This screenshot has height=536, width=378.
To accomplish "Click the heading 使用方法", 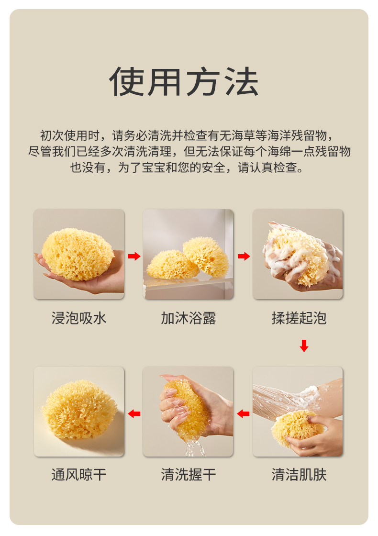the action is pyautogui.click(x=184, y=82).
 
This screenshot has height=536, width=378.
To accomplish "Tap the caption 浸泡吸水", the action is pyautogui.click(x=79, y=318).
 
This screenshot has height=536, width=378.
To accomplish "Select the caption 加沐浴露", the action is pyautogui.click(x=189, y=318).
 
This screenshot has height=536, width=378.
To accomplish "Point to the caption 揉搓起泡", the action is pyautogui.click(x=299, y=318).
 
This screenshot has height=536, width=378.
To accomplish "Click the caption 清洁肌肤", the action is pyautogui.click(x=299, y=475).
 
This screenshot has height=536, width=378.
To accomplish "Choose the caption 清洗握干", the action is pyautogui.click(x=189, y=475).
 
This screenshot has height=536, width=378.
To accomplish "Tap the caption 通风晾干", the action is pyautogui.click(x=79, y=475).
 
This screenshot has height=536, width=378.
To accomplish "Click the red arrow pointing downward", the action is pyautogui.click(x=304, y=346).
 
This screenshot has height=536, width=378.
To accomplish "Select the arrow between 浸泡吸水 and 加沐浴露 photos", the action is pyautogui.click(x=134, y=256).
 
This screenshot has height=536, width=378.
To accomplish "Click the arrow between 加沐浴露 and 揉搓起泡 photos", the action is pyautogui.click(x=244, y=256).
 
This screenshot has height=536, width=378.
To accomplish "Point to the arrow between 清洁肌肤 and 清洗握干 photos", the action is pyautogui.click(x=243, y=413).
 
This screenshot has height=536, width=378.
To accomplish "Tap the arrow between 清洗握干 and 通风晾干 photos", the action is pyautogui.click(x=134, y=413).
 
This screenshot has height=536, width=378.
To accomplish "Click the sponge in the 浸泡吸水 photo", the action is pyautogui.click(x=78, y=254).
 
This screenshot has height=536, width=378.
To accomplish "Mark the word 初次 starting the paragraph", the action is pyautogui.click(x=52, y=136).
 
